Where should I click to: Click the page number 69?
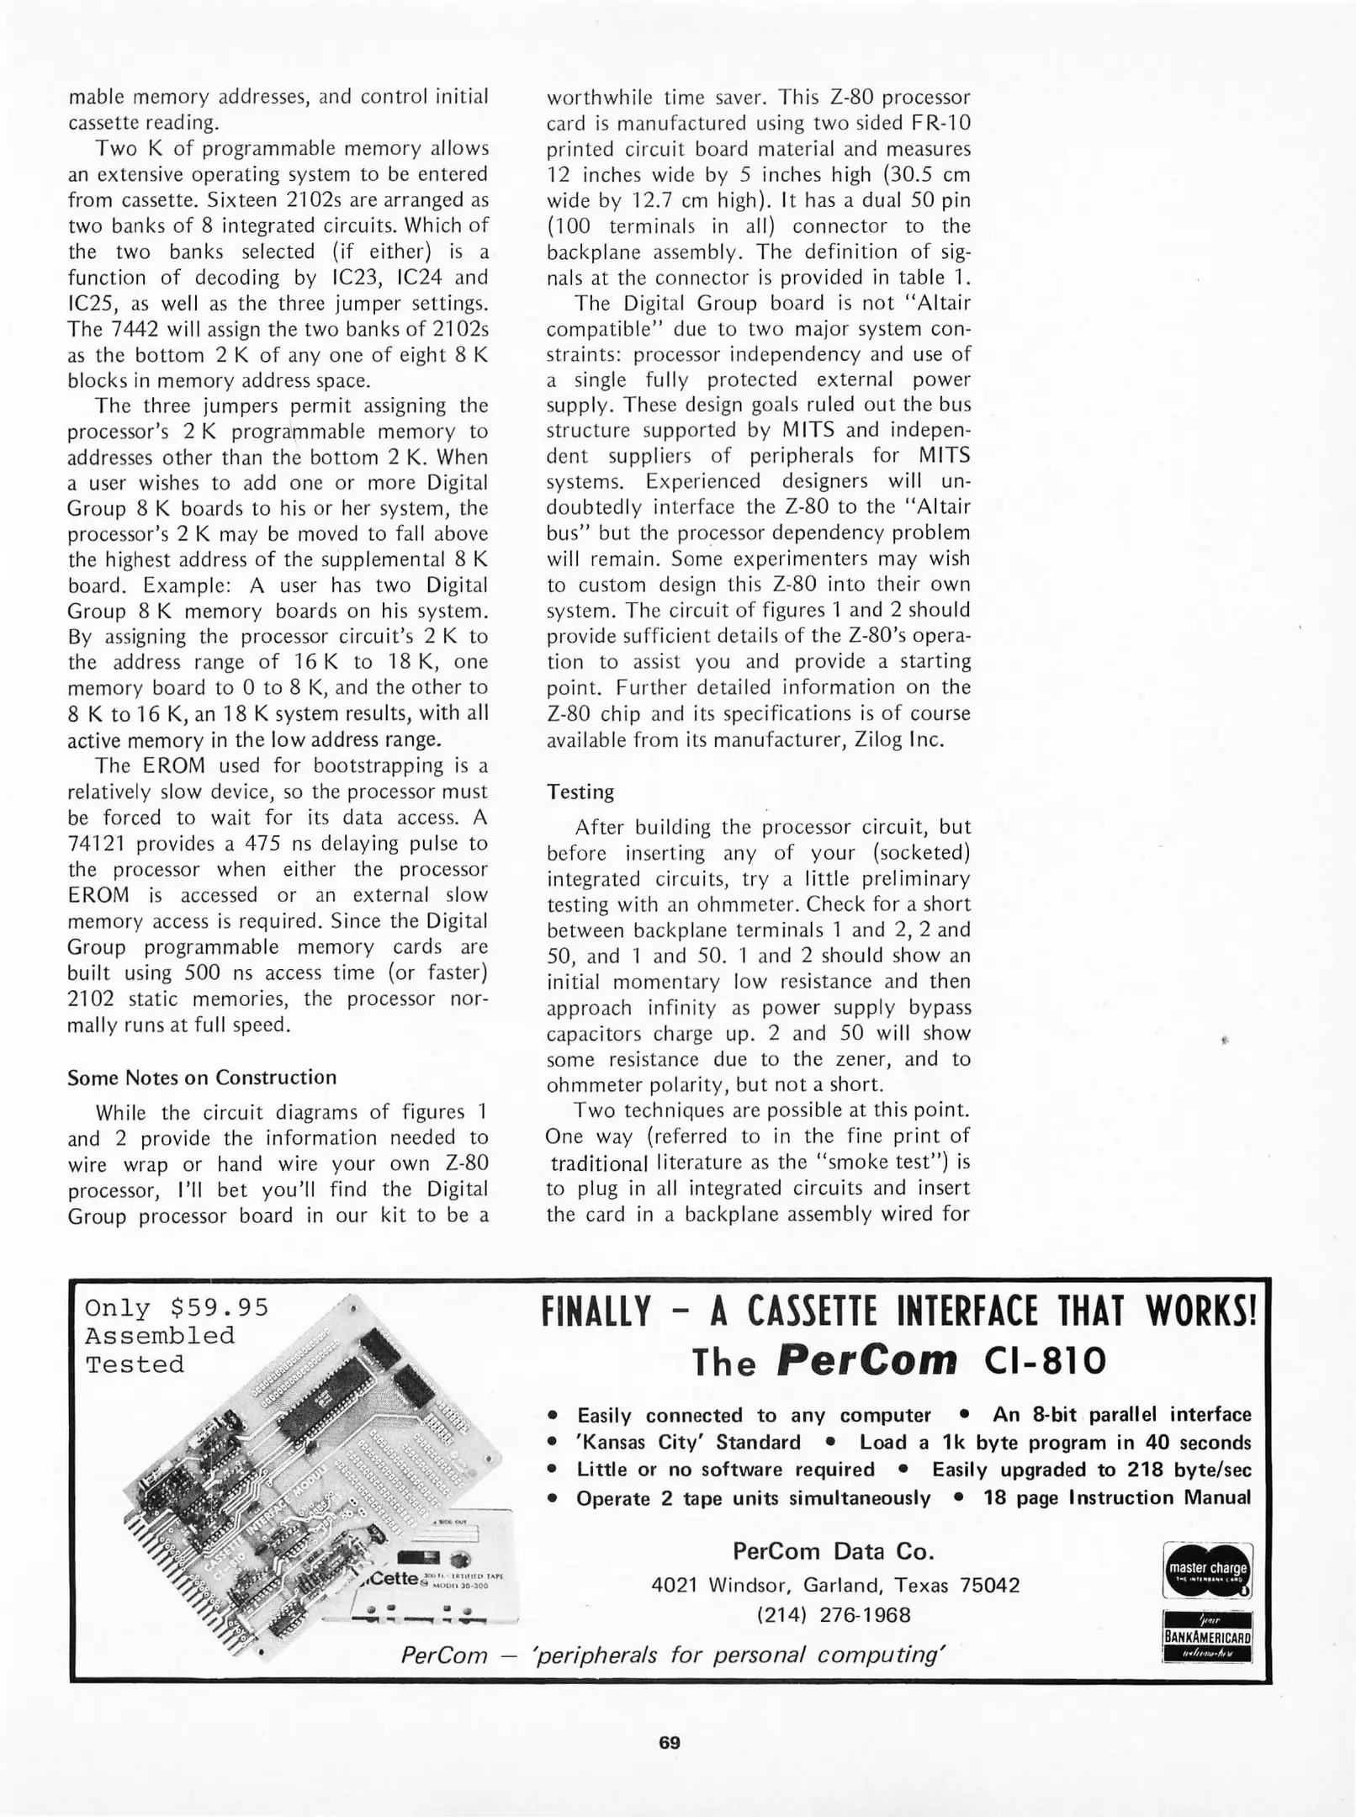[669, 1742]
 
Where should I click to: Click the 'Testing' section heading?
[580, 792]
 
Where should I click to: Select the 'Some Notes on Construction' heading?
[202, 1078]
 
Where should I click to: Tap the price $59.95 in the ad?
[219, 1307]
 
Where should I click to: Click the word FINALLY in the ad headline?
[596, 1312]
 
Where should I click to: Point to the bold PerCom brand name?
[866, 1360]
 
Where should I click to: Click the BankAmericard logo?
[1207, 1636]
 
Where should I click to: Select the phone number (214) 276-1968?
[834, 1615]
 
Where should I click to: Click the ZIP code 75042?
[989, 1586]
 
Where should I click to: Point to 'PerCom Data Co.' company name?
[834, 1550]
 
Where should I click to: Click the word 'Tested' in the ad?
[135, 1364]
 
